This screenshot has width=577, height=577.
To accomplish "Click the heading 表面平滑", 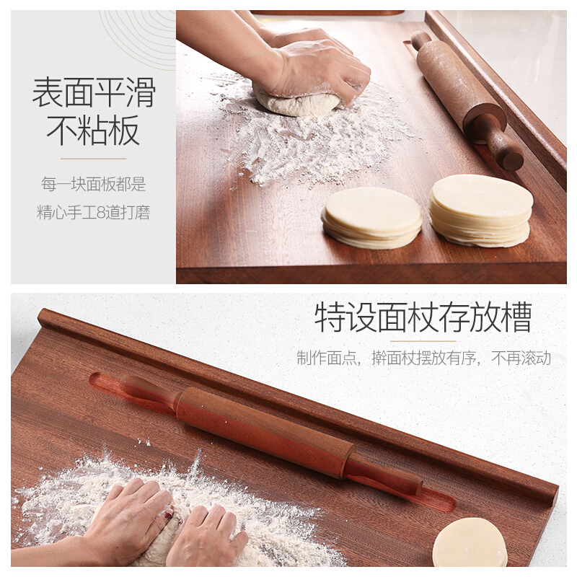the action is [x=94, y=92].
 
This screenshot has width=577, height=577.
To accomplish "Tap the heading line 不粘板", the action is [x=94, y=131].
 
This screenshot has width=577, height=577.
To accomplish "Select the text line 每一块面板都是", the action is [x=94, y=184].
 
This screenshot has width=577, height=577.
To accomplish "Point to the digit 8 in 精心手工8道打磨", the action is [x=101, y=213].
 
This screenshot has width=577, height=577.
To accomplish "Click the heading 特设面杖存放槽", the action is [x=423, y=317].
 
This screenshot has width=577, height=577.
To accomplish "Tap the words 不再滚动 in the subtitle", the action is [x=521, y=358].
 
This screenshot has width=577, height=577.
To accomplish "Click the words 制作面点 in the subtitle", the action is [x=327, y=358].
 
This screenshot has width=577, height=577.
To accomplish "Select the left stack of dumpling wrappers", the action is [x=372, y=218].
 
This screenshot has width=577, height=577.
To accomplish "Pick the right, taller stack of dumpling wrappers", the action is [x=480, y=211].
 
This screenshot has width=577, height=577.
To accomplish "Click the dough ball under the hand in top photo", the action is [x=296, y=102].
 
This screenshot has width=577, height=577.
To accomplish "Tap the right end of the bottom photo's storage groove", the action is [x=447, y=505].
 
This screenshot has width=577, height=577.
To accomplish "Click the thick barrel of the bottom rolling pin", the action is [x=265, y=431].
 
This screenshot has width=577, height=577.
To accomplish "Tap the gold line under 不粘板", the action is [x=94, y=159].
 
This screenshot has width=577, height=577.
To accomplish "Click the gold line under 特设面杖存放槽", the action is [x=423, y=341].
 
